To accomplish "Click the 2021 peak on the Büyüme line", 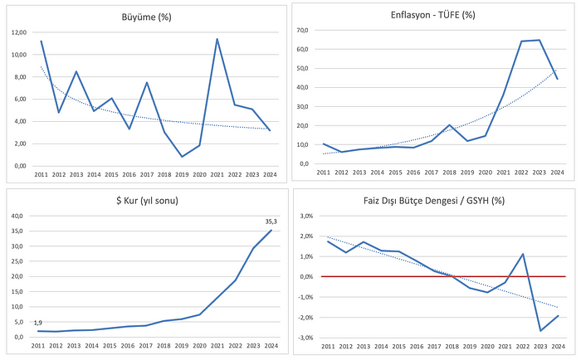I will [217, 39].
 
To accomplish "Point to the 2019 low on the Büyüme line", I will [182, 157].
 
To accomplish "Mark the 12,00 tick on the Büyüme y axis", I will [19, 32].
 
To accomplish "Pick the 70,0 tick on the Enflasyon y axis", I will [303, 30].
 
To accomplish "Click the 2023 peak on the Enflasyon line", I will [539, 40].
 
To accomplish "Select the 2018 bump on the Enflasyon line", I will [449, 125].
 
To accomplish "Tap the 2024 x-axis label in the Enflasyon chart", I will [557, 173].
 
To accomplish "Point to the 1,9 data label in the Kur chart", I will [37, 323].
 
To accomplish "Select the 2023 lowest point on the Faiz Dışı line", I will [541, 331].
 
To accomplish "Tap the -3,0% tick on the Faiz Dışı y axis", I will [305, 338].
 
